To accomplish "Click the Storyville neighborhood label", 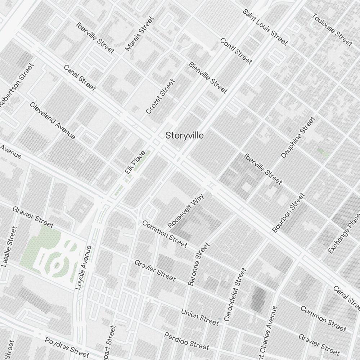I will (184, 136).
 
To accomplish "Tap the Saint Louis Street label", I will (265, 27).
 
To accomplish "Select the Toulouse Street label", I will (332, 30).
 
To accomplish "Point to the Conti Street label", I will (236, 51).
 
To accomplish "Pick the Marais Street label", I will (139, 33).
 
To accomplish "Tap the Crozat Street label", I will (160, 96).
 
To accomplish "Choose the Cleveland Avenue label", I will (53, 121).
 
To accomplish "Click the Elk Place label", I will (135, 163).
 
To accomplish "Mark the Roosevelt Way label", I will (186, 211).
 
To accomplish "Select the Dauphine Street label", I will (297, 137).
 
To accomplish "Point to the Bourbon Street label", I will (288, 213).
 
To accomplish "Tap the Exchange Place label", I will (344, 233).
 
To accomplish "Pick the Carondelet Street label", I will (235, 294).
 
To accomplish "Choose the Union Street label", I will (200, 317).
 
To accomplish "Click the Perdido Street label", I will (186, 341).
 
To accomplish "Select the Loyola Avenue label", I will (84, 267).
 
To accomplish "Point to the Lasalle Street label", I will (9, 246).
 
